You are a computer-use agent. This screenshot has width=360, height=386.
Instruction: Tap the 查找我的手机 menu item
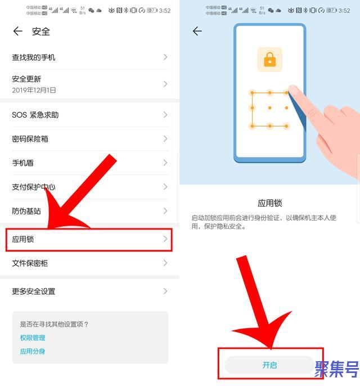point(34,57)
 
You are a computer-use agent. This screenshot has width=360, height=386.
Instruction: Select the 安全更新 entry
point(26,79)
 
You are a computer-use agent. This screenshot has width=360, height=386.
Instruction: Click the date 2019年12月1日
point(34,90)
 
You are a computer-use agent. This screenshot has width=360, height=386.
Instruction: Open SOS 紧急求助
point(35,115)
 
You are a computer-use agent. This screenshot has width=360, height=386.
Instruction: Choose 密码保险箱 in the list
point(30,139)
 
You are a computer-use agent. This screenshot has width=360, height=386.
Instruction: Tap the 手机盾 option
point(23,163)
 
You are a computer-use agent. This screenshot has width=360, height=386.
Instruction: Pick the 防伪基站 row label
point(26,212)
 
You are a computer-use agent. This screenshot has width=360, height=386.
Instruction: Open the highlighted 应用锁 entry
point(24,240)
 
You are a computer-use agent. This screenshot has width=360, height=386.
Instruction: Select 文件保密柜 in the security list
point(30,263)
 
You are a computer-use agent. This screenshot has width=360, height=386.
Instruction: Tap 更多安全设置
point(34,291)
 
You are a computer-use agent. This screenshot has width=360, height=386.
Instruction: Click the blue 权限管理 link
point(33,338)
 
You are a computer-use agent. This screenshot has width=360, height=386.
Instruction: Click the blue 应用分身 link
point(33,351)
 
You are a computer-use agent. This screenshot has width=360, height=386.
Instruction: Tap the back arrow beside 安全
point(18,32)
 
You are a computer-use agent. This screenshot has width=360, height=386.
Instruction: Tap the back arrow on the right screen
point(197,32)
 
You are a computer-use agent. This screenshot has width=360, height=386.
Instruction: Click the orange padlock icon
point(270,60)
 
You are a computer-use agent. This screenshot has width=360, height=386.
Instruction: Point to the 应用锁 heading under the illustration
point(269,203)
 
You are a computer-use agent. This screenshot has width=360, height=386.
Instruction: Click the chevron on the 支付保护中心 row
point(165,187)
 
